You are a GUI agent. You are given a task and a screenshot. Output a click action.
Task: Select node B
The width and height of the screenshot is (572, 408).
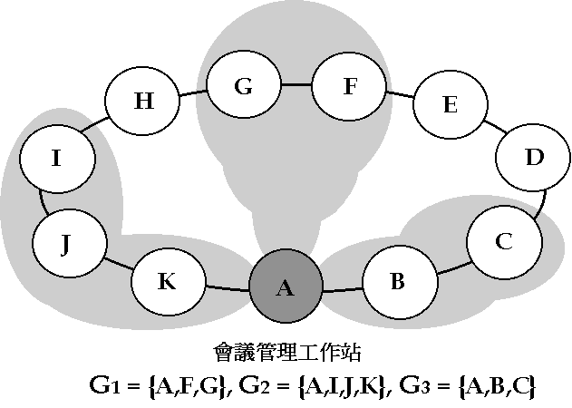click(x=397, y=281)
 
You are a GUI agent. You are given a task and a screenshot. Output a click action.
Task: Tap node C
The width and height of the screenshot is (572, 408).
click(x=504, y=241)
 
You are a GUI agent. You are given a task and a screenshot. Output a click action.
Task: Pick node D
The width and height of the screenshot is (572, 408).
click(x=534, y=157)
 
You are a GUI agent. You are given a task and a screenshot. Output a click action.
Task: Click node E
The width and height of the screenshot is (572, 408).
click(x=449, y=104)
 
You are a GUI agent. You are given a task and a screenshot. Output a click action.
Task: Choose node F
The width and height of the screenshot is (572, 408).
click(x=349, y=87)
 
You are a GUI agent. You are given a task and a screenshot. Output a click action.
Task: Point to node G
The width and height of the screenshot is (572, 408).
click(x=243, y=87)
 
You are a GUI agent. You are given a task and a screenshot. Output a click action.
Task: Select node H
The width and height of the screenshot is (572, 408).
click(x=143, y=100)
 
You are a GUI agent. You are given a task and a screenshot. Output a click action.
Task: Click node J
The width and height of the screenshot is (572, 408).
click(x=65, y=243)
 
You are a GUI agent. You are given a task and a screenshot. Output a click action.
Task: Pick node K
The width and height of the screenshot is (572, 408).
click(x=167, y=281)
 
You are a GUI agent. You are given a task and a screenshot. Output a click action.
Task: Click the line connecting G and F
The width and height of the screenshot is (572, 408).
click(x=296, y=85)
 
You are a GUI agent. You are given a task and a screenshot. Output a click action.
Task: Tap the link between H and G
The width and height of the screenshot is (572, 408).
click(x=192, y=92)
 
